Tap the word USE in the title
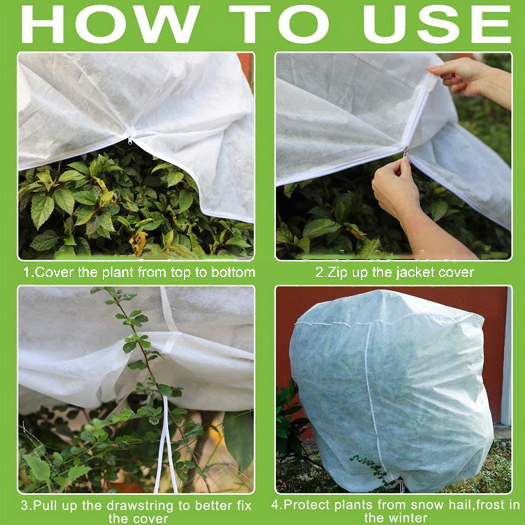coord(436,25)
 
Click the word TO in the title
coord(279,25)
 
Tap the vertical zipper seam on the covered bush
coord(372,394)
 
